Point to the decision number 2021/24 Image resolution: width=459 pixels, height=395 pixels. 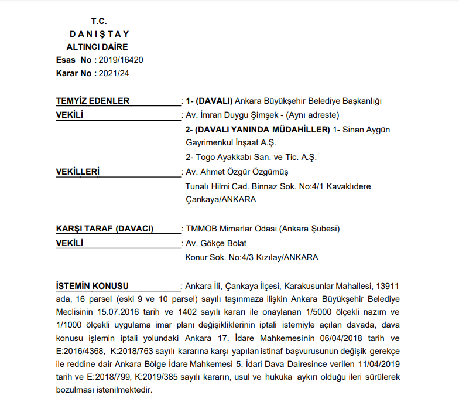(x=114, y=73)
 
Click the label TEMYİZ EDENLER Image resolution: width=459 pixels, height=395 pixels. (x=93, y=101)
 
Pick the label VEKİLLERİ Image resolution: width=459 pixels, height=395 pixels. (x=77, y=172)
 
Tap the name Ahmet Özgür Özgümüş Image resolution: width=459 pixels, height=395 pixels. (x=246, y=172)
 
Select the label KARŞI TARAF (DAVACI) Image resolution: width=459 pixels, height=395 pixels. (x=104, y=229)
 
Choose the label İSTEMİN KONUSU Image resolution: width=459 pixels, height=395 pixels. (x=92, y=286)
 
